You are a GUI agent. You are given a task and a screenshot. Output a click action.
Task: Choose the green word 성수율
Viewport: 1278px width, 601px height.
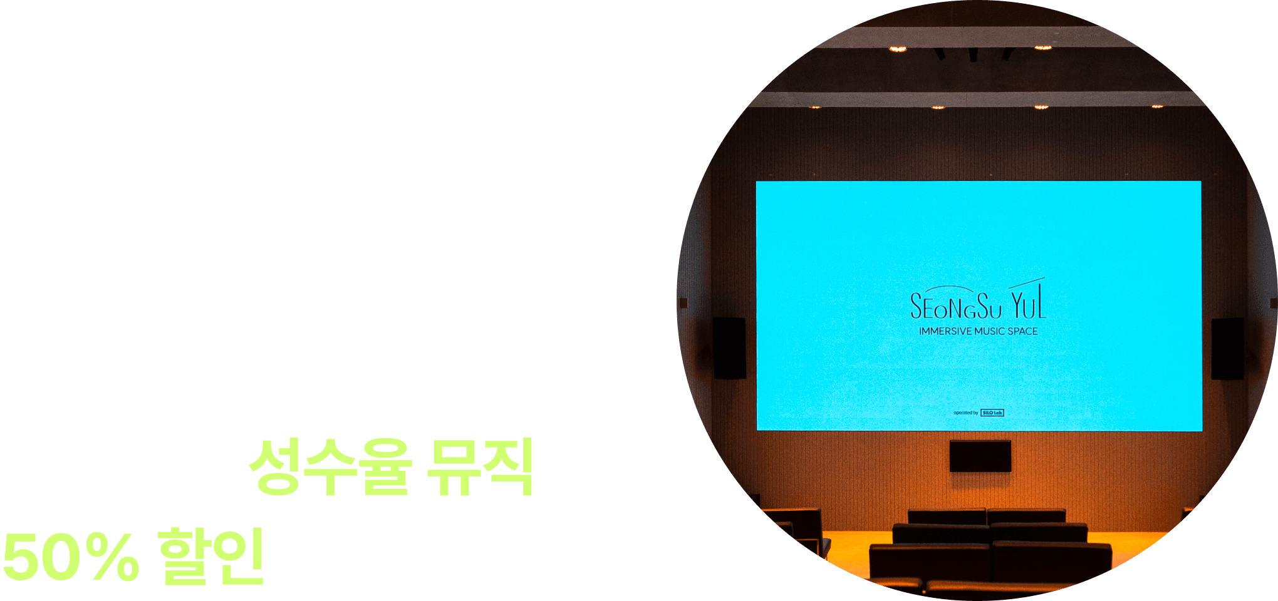pyautogui.click(x=331, y=467)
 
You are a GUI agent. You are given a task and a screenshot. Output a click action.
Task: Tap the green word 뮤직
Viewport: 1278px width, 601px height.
pyautogui.click(x=480, y=467)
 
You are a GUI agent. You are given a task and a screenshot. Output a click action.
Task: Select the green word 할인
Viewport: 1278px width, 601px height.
pyautogui.click(x=211, y=556)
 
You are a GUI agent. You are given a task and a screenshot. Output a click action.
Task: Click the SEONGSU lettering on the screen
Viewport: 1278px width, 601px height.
pyautogui.click(x=956, y=307)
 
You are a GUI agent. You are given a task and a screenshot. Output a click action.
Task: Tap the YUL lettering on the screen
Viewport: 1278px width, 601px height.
pyautogui.click(x=1028, y=304)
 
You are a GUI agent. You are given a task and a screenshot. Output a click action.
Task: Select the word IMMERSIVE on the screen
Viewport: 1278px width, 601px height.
pyautogui.click(x=945, y=331)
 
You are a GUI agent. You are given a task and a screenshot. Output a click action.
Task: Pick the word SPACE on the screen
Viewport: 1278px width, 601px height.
pyautogui.click(x=1023, y=331)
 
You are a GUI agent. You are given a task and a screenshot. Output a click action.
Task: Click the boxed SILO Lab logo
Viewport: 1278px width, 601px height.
pyautogui.click(x=992, y=413)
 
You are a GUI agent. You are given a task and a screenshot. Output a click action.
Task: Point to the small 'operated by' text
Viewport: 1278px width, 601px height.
pyautogui.click(x=965, y=413)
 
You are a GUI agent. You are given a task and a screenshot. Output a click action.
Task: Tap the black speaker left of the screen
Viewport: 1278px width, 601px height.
pyautogui.click(x=729, y=347)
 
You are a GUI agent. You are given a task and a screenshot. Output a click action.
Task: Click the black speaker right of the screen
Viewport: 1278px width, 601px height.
pyautogui.click(x=1227, y=348)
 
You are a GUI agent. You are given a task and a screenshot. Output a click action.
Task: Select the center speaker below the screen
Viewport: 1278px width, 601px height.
pyautogui.click(x=980, y=456)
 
